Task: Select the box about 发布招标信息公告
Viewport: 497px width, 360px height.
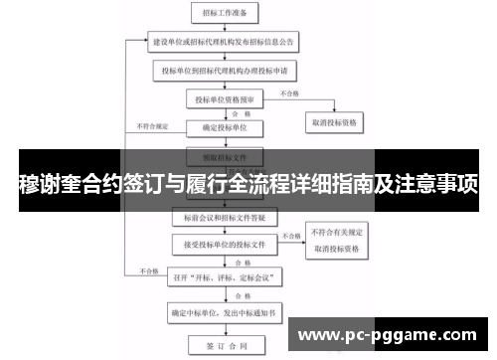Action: click(225, 45)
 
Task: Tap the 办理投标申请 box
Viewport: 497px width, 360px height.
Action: click(225, 72)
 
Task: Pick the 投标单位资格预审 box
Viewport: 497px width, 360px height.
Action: click(225, 99)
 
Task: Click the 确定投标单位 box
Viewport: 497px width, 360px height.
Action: click(225, 127)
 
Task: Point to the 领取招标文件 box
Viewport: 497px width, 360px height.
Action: click(225, 156)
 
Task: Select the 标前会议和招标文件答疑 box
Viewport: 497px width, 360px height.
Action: click(225, 216)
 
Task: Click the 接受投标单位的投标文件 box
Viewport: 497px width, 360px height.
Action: click(225, 243)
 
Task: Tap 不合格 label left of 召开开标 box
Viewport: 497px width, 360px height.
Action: click(149, 270)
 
